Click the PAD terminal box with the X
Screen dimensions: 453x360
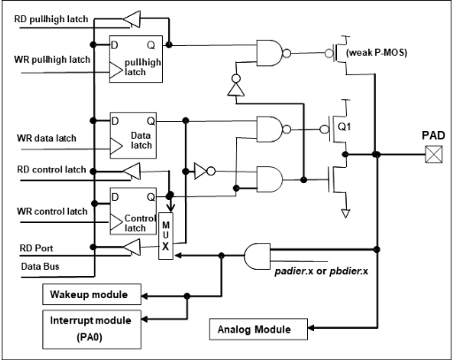(434, 154)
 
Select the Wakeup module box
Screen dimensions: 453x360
(92, 295)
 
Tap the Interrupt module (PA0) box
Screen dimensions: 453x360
(92, 329)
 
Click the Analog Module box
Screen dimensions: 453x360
(258, 329)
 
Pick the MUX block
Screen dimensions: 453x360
(165, 236)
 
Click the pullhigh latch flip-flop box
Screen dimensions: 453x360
(135, 59)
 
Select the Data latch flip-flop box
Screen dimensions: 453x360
(133, 135)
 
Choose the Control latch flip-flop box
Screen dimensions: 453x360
(133, 211)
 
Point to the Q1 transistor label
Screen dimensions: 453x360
(344, 126)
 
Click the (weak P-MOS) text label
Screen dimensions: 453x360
(377, 52)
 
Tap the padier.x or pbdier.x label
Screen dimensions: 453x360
(321, 271)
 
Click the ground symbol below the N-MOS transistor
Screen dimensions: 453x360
(345, 213)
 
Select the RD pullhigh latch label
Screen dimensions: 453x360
(51, 19)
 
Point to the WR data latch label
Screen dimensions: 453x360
(47, 138)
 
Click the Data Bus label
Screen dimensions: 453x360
(40, 266)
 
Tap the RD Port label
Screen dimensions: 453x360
(36, 248)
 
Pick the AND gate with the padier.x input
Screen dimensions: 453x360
(257, 257)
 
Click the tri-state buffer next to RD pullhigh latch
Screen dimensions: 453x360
(132, 19)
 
